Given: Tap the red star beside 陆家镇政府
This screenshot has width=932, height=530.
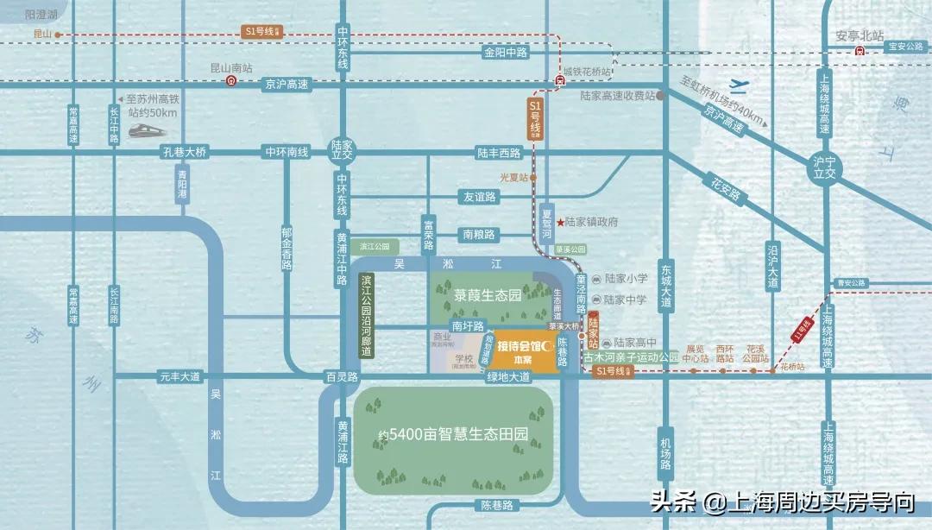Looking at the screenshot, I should [559, 222].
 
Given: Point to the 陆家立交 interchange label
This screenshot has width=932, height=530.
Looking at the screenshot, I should [343, 151].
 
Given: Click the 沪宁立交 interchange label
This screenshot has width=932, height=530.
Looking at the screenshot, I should [825, 167].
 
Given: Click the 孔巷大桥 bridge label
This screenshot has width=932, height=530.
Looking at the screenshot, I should [185, 153].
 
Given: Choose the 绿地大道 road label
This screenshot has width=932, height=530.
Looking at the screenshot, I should [508, 376].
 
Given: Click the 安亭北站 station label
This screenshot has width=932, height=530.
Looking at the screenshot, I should [860, 36].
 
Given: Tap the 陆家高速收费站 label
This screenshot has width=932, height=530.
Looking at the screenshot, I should [618, 96].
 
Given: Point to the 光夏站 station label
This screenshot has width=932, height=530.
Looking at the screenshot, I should [513, 177].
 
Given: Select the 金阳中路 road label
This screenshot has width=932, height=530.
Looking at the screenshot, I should [505, 52].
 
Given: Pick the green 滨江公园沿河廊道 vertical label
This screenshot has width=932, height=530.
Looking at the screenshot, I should [368, 315].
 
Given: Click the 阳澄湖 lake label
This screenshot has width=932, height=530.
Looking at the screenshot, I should [41, 15].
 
